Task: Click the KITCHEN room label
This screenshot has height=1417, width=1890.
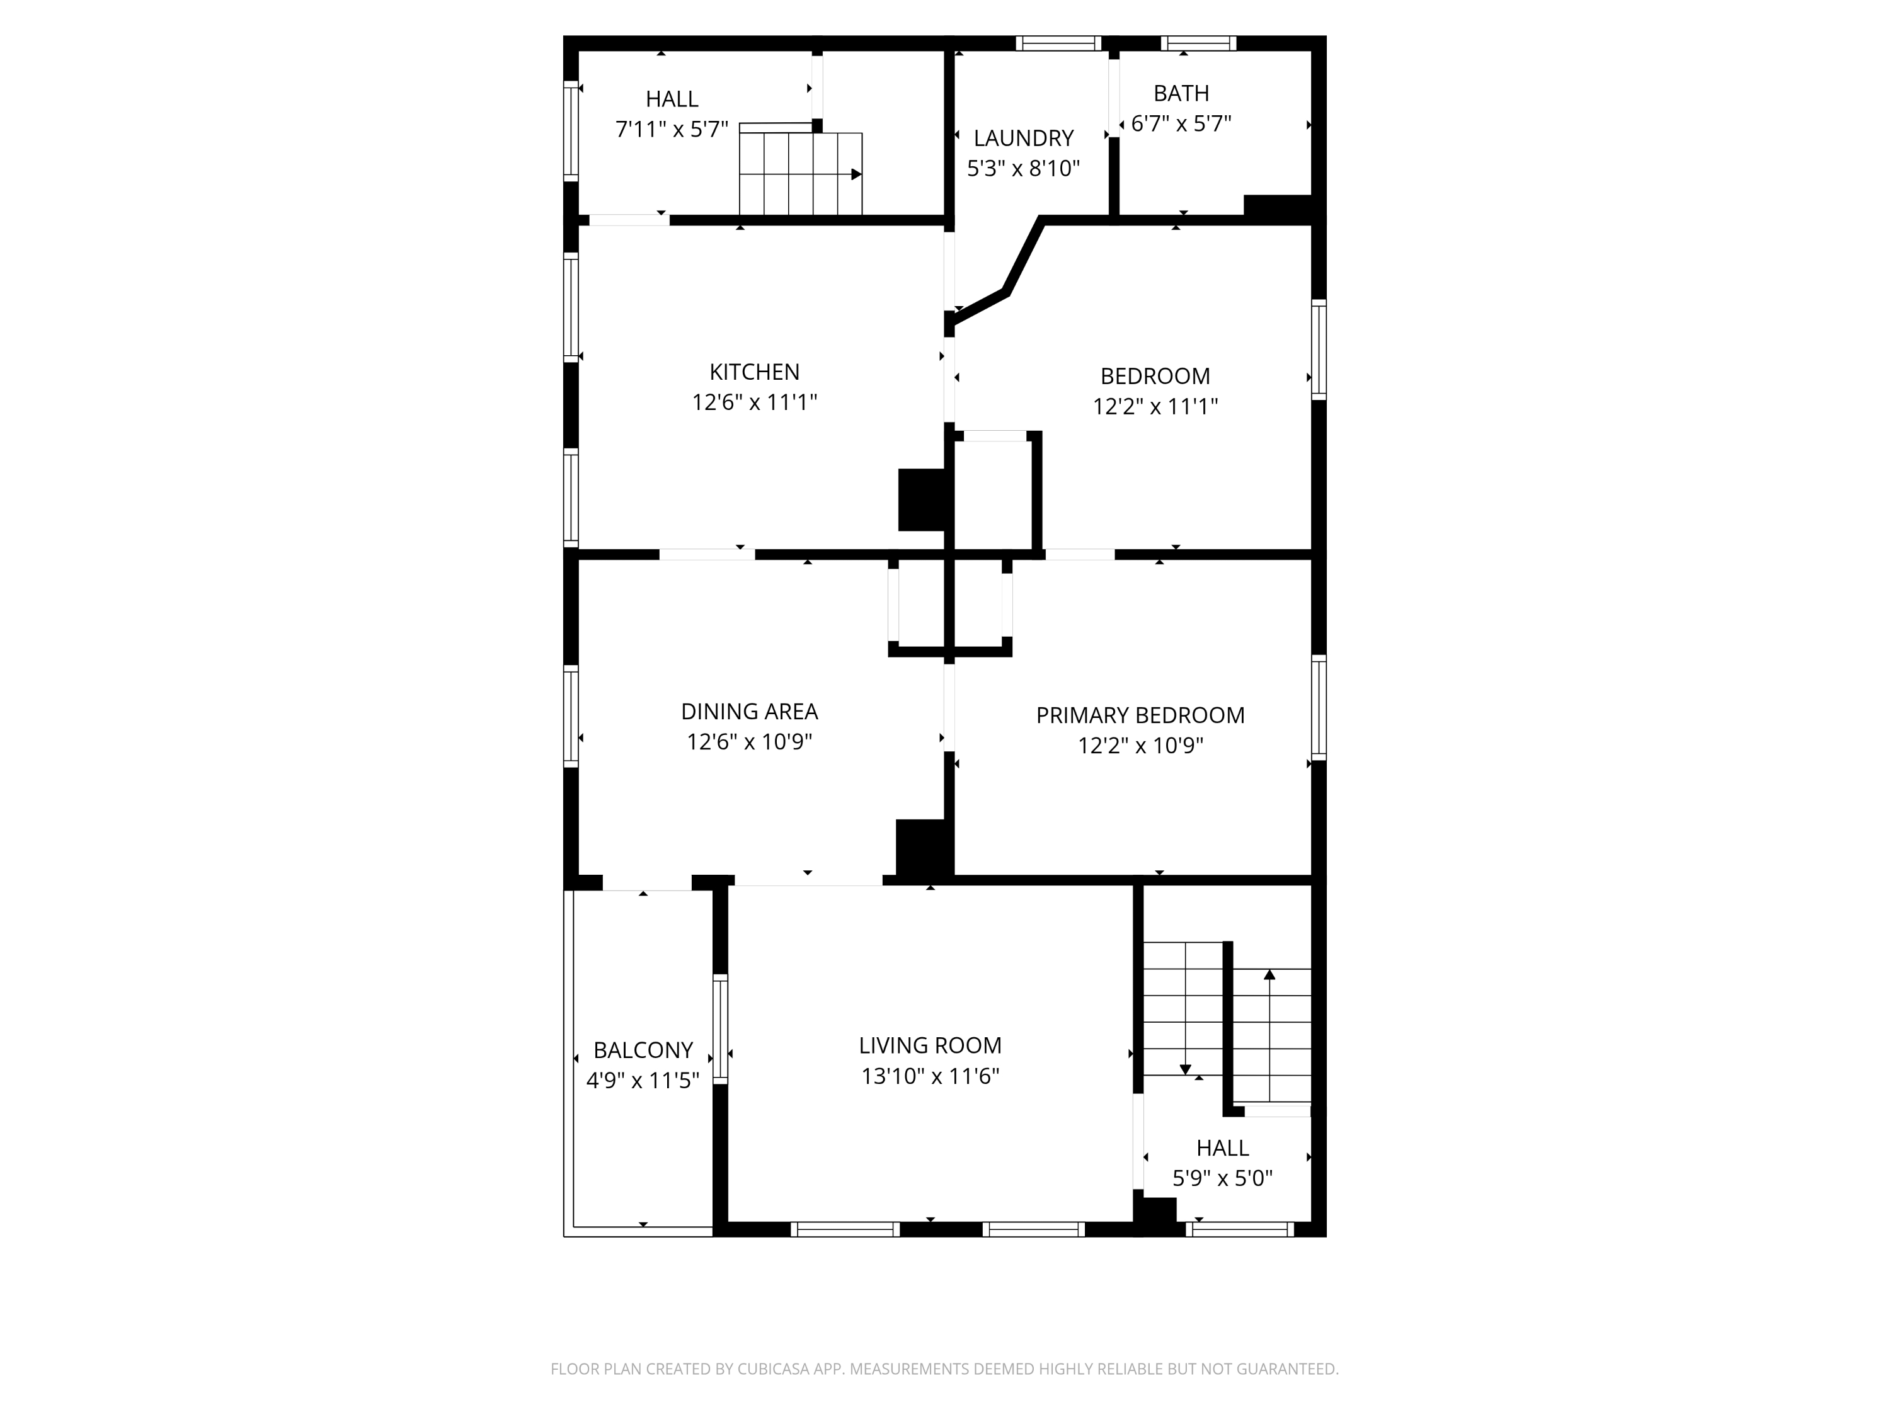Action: [755, 372]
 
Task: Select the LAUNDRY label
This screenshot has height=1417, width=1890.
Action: [1024, 139]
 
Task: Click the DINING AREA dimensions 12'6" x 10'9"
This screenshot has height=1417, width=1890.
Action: [749, 741]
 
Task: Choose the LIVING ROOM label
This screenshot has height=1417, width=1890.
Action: [930, 1045]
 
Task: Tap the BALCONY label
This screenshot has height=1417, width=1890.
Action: [643, 1050]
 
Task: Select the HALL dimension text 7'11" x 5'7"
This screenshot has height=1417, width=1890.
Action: [672, 130]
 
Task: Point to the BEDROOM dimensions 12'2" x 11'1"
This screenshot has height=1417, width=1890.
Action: [1155, 407]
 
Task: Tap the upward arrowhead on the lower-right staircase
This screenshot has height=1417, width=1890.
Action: [1269, 974]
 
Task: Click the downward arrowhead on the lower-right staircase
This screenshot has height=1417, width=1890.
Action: [1185, 1069]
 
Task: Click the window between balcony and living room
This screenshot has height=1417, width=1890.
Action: [720, 1029]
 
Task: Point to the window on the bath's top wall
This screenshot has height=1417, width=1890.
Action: [1198, 43]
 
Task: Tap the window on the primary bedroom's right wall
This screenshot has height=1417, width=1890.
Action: [1319, 707]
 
